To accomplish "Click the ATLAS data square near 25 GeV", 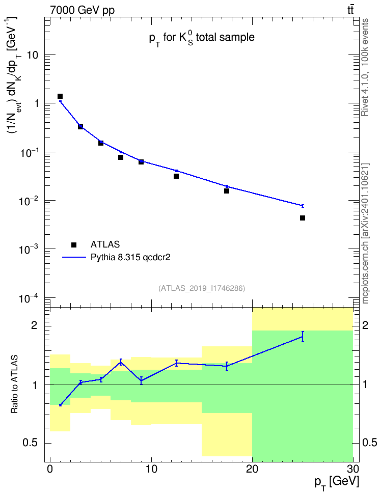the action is coord(303,218).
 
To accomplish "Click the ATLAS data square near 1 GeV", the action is coord(60,96).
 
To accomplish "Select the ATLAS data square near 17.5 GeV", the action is coord(227,190).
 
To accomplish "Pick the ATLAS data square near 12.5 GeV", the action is coord(176,176).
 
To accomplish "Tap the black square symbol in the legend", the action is coord(74,244).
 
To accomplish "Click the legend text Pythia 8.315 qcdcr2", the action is coord(130,258).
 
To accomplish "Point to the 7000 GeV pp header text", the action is coord(82,10).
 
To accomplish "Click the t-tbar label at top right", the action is coord(350,10).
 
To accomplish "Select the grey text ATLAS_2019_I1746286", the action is coord(202,288).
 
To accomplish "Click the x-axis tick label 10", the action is coord(151,469).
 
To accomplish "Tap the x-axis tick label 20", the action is coord(252,469).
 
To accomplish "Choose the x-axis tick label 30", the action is coord(353,469).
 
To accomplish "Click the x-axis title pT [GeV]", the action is coord(337,483).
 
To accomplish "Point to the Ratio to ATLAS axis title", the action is coord(14,384).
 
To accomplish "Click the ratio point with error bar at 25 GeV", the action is coord(303,337).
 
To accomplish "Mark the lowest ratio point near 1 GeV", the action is coord(60,405).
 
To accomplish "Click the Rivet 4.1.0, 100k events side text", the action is coord(365,67).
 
